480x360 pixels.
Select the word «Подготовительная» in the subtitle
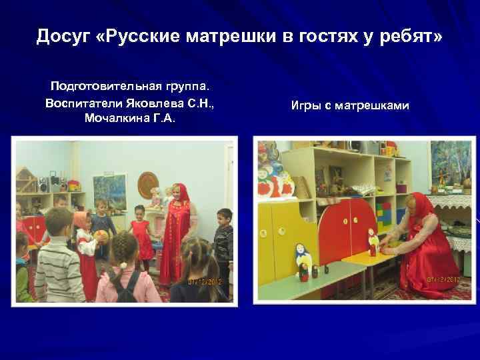click(101, 87)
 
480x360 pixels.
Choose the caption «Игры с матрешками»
click(350, 105)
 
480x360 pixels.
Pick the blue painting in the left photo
click(110, 191)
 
